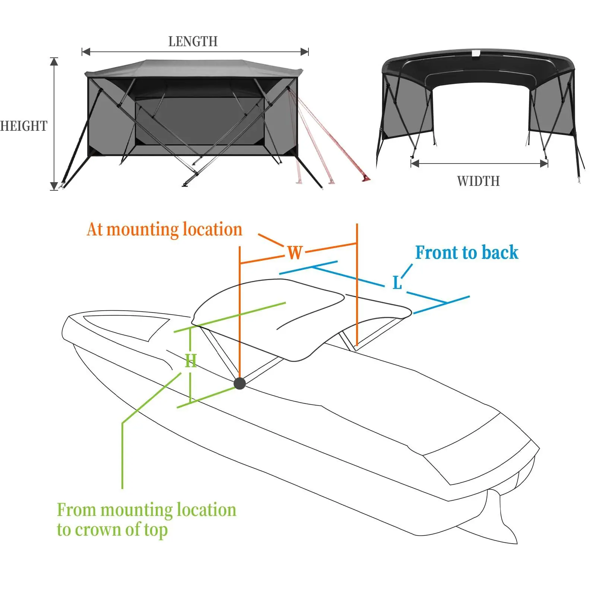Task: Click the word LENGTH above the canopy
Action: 193,41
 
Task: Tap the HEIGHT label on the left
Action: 24,126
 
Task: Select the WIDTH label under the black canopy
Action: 478,181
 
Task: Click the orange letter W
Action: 295,253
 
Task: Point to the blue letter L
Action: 397,283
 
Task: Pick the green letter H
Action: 191,361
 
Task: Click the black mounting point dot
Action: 240,383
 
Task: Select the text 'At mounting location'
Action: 164,229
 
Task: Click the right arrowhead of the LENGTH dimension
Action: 305,52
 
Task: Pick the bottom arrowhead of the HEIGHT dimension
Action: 54,186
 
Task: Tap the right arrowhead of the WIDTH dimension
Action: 544,163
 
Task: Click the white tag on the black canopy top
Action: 476,54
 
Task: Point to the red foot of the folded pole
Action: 366,179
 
